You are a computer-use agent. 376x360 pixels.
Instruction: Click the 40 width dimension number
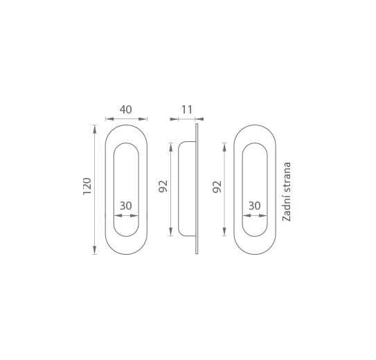125,109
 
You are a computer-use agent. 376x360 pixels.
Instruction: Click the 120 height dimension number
87,186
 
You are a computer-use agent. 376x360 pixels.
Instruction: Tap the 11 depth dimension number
186,110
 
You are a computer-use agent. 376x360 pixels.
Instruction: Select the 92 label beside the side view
163,186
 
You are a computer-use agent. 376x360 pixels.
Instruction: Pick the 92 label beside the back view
217,187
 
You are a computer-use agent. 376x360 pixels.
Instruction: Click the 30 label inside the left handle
126,206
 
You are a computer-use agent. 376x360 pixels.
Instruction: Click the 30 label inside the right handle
254,206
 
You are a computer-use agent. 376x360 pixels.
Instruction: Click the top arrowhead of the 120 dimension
95,129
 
